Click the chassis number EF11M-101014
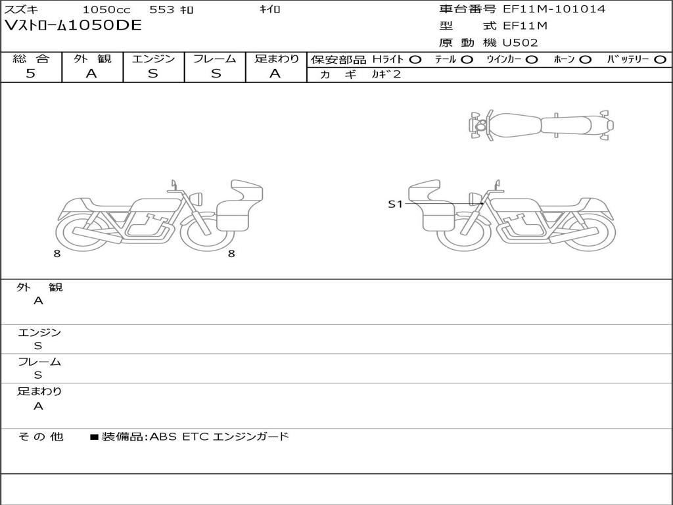(x=554, y=9)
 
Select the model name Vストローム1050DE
(x=73, y=26)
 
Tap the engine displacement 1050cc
(x=106, y=9)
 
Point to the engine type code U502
(x=521, y=43)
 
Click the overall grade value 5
(x=30, y=73)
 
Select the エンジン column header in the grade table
(x=153, y=59)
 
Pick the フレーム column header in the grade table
(x=215, y=59)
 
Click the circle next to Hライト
(x=415, y=60)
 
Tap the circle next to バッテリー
(x=660, y=60)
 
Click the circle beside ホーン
(x=585, y=60)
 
